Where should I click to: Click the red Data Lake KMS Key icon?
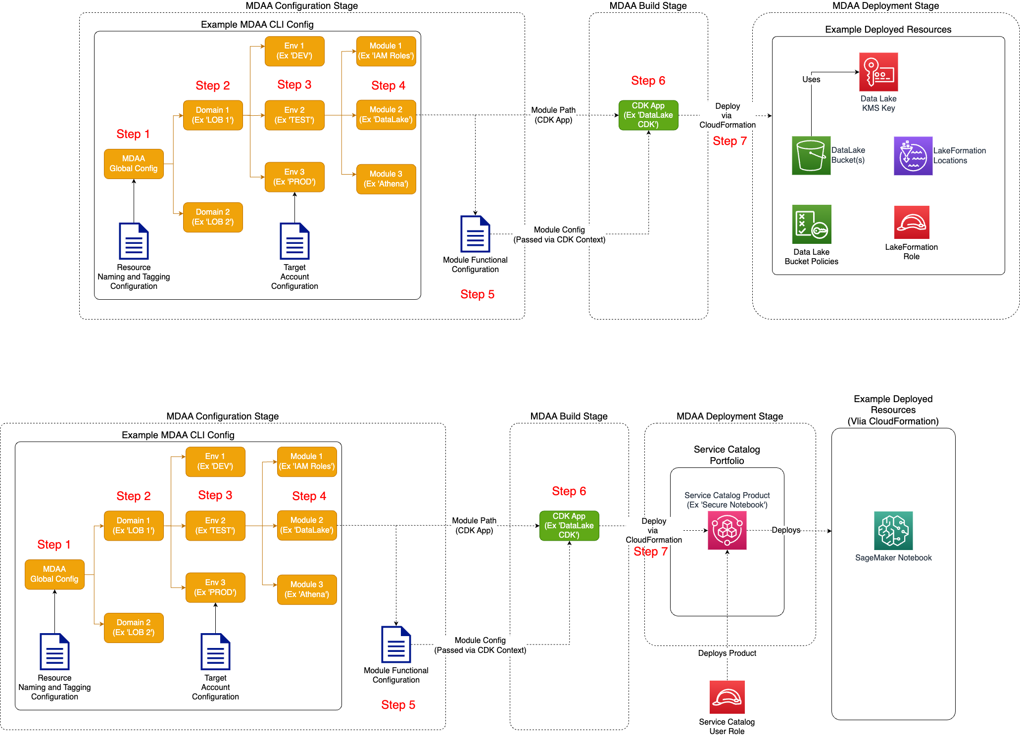[x=878, y=72]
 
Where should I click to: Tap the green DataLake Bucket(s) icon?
[x=811, y=155]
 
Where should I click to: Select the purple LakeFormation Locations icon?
[x=913, y=156]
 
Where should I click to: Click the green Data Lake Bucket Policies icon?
[x=811, y=224]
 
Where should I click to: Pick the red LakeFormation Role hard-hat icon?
[x=911, y=223]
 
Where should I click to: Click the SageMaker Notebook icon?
[x=893, y=531]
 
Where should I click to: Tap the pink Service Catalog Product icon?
[x=727, y=531]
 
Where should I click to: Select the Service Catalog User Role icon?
[x=727, y=697]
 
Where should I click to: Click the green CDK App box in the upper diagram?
[x=648, y=115]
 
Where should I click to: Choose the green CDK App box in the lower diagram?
[x=569, y=526]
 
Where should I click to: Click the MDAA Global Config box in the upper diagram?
[x=134, y=164]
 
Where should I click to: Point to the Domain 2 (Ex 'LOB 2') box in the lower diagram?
[x=134, y=628]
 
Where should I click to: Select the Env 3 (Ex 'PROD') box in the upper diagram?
[x=294, y=177]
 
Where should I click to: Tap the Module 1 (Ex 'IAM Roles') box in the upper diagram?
[x=386, y=51]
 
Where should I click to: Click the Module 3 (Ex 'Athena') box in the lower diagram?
[x=307, y=590]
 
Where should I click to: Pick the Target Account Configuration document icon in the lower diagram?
[x=215, y=651]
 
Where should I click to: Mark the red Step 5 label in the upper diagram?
[x=477, y=294]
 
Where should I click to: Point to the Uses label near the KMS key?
[x=811, y=79]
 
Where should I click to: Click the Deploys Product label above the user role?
[x=727, y=653]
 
